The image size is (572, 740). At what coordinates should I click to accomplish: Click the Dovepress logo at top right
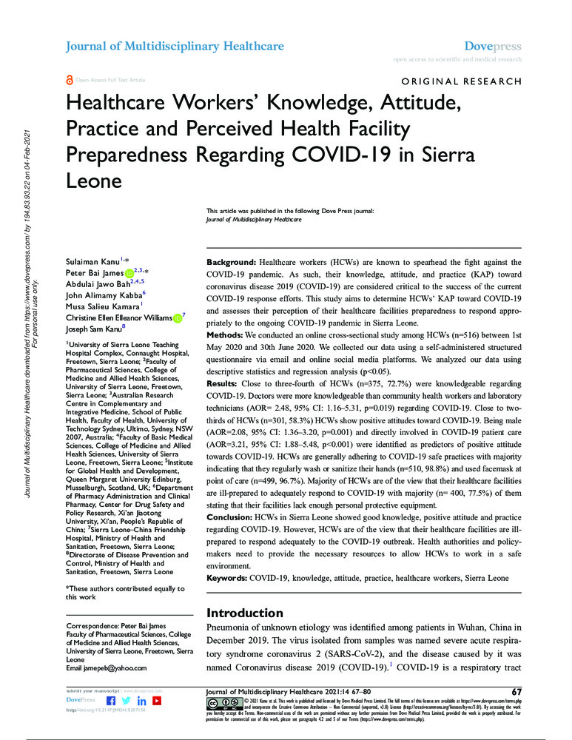click(x=492, y=46)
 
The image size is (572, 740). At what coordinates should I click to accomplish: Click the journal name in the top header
click(x=175, y=46)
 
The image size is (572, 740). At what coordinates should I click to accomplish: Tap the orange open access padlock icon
click(x=70, y=79)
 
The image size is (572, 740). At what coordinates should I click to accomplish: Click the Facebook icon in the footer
click(x=111, y=700)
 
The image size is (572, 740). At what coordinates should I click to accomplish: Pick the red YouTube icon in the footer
click(x=157, y=700)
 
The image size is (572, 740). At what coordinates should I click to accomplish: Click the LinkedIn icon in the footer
click(x=141, y=700)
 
